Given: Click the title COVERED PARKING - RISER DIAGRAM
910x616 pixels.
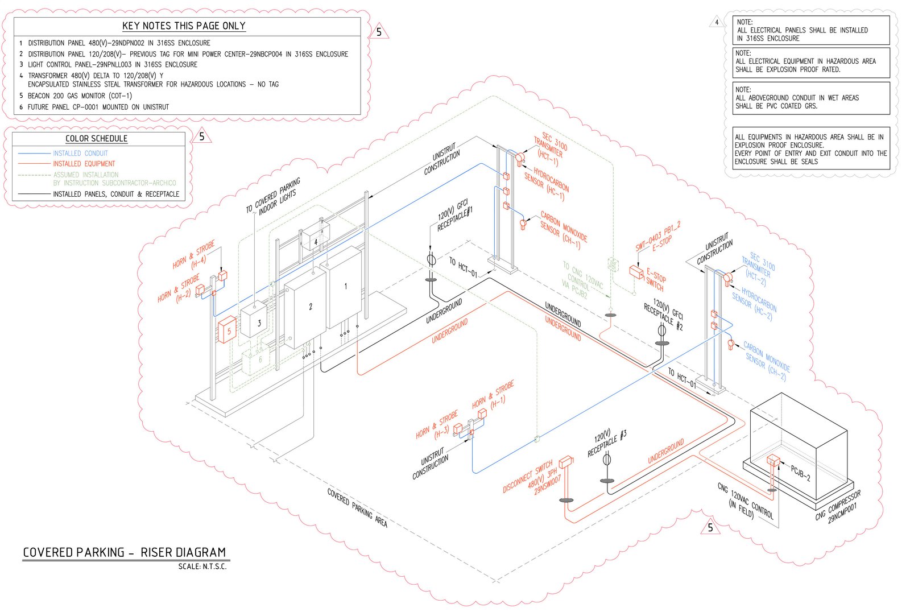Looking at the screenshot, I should tap(124, 552).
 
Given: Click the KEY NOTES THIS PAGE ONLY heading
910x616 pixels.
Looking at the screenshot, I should tap(184, 26).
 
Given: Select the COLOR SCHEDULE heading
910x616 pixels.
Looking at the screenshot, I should tap(96, 139).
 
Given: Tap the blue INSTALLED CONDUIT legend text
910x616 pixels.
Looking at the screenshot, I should tap(80, 154).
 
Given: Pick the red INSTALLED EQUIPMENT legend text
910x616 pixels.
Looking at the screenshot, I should tap(84, 164).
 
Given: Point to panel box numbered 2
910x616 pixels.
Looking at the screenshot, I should tap(305, 308).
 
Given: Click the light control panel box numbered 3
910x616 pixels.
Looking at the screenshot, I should tap(254, 322).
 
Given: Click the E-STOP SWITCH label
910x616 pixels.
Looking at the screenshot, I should tap(655, 279).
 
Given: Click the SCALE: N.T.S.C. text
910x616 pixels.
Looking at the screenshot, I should tap(202, 567).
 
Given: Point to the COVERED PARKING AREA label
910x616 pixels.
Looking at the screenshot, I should tap(357, 507).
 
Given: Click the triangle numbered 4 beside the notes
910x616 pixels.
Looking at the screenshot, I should tap(717, 23).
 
